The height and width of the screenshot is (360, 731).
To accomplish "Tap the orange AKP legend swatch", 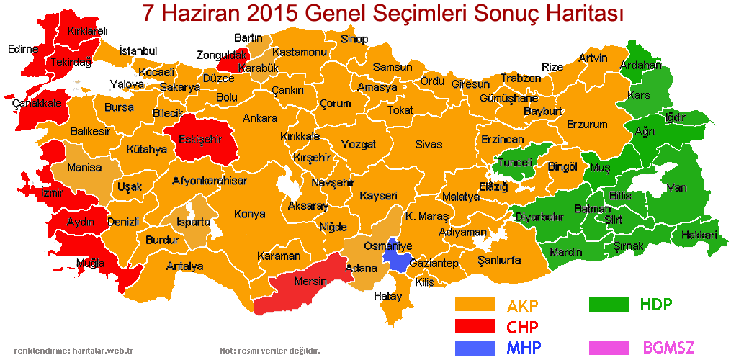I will click(475, 305).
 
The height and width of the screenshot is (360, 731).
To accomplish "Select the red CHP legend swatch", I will click(475, 326).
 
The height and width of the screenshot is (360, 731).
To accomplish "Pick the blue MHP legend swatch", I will click(475, 348).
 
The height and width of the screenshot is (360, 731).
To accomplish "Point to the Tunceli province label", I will click(516, 163).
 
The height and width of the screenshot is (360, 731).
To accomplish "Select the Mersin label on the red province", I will click(310, 281).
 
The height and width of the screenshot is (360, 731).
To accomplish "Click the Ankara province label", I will click(260, 118).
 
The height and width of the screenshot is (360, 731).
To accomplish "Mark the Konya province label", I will click(249, 214).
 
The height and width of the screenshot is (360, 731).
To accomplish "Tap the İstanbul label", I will click(138, 50).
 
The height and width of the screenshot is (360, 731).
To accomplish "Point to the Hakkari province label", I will click(699, 235).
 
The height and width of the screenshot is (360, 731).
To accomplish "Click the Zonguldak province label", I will click(220, 55).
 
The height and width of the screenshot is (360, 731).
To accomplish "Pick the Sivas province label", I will click(429, 144).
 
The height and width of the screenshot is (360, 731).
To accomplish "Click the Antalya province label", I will click(184, 266).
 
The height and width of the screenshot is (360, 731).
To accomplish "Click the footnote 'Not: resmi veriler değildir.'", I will click(269, 351).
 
